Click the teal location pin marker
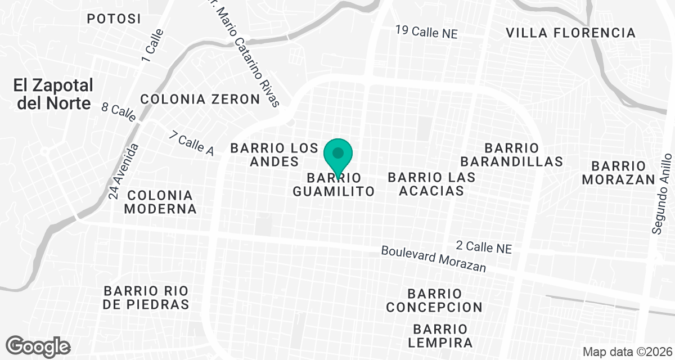tap(338, 155)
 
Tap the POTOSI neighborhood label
tap(114, 19)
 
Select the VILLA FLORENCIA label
tap(570, 33)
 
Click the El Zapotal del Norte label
tap(53, 94)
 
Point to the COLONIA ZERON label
tap(200, 99)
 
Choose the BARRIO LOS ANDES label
tap(274, 155)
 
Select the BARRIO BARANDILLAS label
tap(511, 155)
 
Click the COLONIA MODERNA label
tap(160, 202)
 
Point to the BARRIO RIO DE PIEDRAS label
tap(146, 298)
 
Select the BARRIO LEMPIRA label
tap(442, 335)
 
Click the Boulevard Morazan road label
tap(433, 259)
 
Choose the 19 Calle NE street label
tap(426, 32)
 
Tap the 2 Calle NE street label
tap(484, 246)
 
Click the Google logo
tap(38, 345)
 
